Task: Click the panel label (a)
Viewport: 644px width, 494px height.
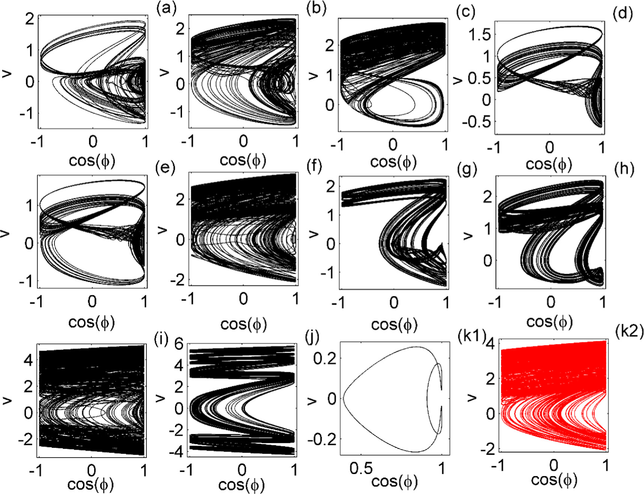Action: (166, 9)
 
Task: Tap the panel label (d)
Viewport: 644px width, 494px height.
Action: (622, 13)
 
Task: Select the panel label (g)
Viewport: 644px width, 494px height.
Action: (467, 170)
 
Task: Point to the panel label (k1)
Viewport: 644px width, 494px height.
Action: (472, 335)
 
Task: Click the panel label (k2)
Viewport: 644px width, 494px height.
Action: (629, 331)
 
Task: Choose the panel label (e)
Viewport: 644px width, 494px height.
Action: (165, 168)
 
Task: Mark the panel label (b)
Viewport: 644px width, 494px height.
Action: (316, 9)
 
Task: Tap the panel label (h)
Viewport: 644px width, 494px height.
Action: (624, 170)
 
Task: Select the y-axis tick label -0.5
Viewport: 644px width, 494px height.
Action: (476, 122)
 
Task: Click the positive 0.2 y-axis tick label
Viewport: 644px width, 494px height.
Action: (325, 358)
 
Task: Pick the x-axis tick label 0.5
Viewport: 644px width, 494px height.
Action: (361, 468)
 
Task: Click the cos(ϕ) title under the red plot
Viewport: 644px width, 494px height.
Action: (554, 480)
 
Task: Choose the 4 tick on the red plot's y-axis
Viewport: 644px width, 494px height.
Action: (490, 344)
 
